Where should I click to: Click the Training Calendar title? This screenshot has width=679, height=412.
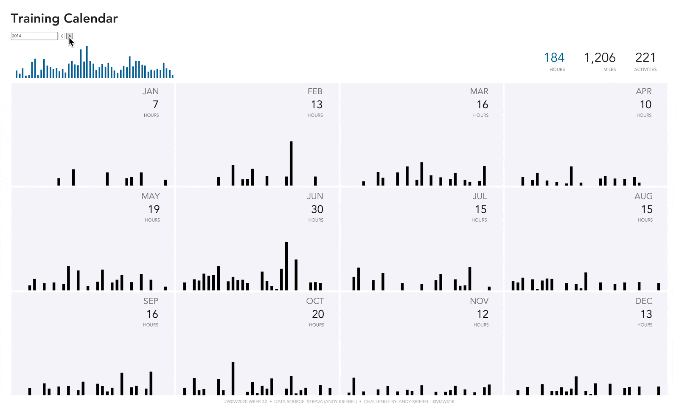click(x=64, y=18)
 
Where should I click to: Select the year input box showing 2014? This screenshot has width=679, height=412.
click(x=34, y=36)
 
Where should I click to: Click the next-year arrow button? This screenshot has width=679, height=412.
click(x=70, y=36)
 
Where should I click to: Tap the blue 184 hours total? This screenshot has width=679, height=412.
click(x=554, y=58)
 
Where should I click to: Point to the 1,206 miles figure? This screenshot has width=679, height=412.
click(x=600, y=58)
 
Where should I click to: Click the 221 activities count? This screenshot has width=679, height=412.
click(x=645, y=58)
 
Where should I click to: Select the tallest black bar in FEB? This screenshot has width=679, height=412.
click(x=291, y=163)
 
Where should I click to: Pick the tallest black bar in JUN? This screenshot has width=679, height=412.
click(x=286, y=266)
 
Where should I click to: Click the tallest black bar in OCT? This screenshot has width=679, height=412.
click(x=233, y=378)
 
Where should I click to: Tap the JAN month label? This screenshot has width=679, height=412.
click(x=150, y=91)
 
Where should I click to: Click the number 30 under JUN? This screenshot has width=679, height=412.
click(x=317, y=209)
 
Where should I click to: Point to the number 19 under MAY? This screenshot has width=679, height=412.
click(x=154, y=209)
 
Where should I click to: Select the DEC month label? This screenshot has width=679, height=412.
click(x=643, y=301)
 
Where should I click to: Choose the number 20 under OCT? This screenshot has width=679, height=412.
click(x=318, y=314)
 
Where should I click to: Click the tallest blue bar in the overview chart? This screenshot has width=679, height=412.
click(x=87, y=62)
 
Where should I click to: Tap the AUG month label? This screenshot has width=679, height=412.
click(x=643, y=196)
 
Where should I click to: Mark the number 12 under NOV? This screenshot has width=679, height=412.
click(x=483, y=314)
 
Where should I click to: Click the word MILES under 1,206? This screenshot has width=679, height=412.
click(x=609, y=70)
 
